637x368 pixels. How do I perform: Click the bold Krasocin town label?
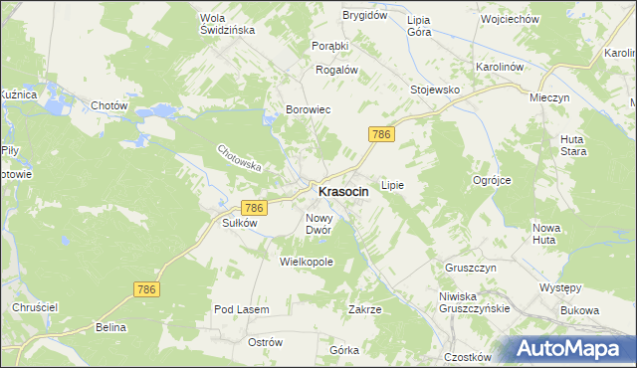click(x=343, y=191)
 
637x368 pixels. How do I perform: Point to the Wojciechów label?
click(x=509, y=19)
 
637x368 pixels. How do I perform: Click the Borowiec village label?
click(x=309, y=110)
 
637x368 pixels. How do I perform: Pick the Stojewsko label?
click(x=435, y=90)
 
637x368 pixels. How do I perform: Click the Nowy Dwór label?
click(x=324, y=224)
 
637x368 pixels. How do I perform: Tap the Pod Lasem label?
click(x=242, y=310)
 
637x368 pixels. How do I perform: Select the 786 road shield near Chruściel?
click(x=145, y=287)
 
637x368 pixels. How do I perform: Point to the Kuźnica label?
click(x=17, y=93)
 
